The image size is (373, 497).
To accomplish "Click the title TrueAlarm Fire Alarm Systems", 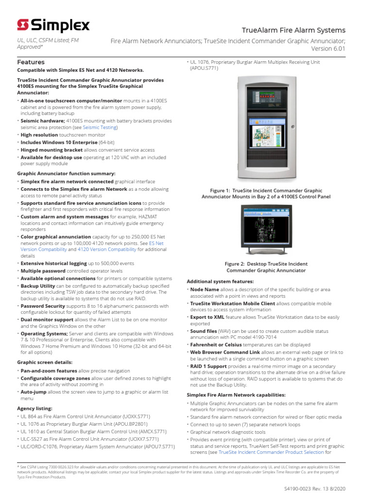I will (294, 30).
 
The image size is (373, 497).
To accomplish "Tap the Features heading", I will (31, 62).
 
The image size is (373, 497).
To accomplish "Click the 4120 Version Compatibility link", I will (107, 249).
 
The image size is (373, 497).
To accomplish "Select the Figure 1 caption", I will (266, 194).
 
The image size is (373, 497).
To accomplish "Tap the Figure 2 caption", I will (266, 267).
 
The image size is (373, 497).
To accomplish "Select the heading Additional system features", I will (220, 282).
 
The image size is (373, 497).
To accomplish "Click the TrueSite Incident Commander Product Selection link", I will (271, 452).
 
